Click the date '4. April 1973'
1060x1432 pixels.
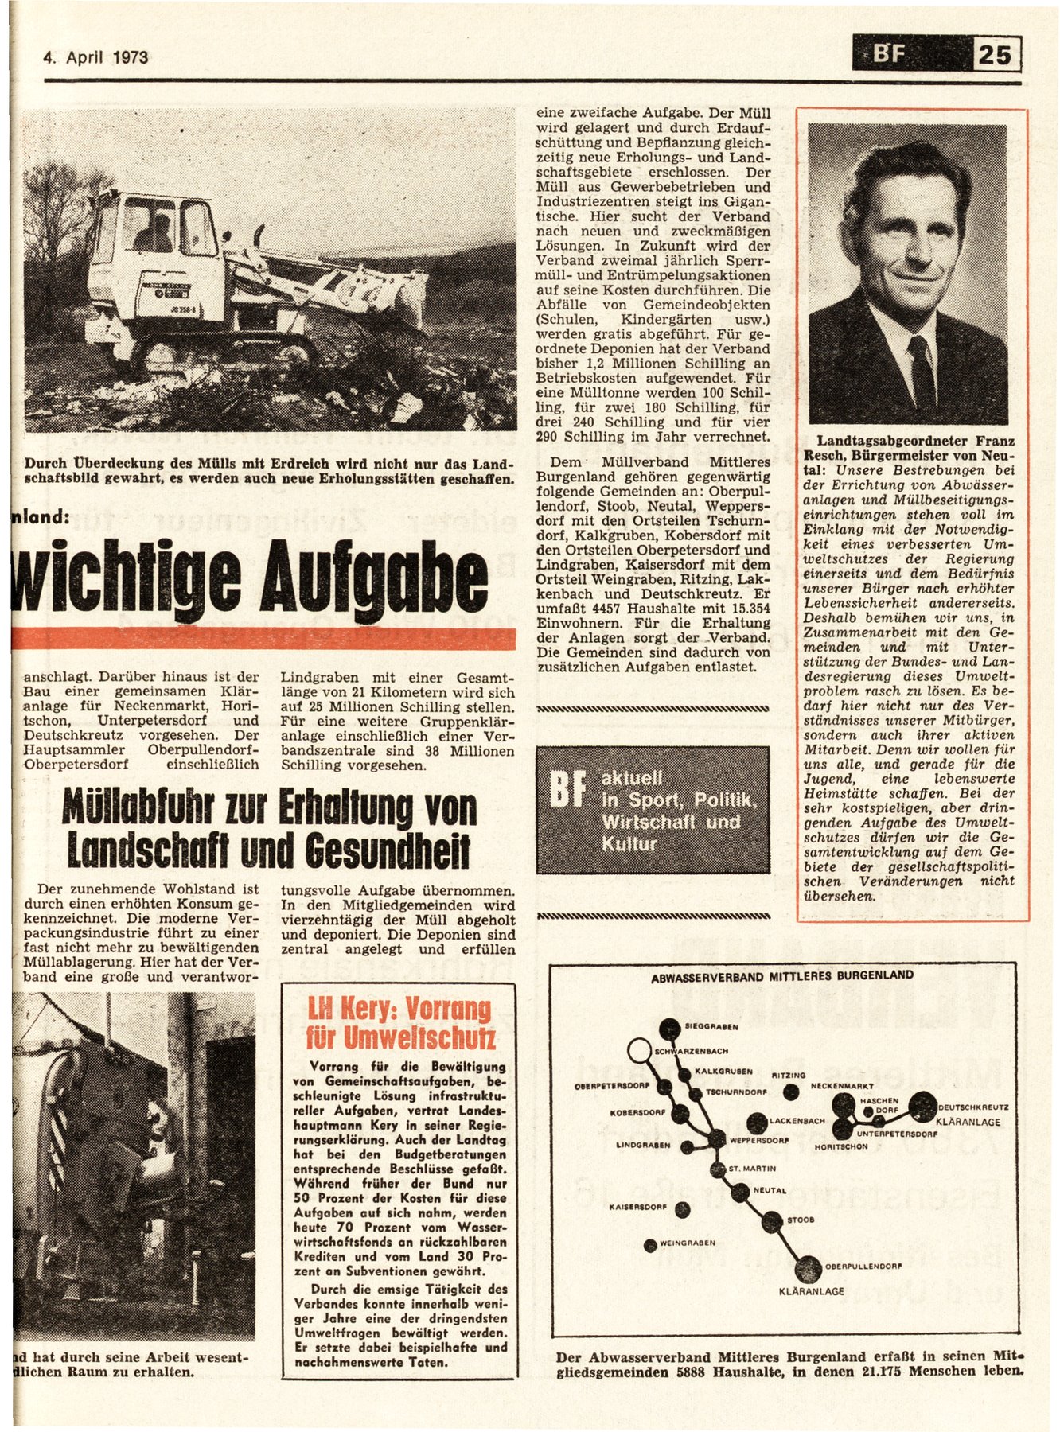[x=95, y=57]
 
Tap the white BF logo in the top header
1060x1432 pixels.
[x=889, y=56]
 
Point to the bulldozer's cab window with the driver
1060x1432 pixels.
[x=150, y=227]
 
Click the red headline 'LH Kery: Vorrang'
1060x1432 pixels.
[x=399, y=1010]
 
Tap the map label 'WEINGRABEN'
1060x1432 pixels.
[x=688, y=1243]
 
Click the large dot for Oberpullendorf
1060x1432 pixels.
[x=808, y=1267]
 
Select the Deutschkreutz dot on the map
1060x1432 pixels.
[x=923, y=1106]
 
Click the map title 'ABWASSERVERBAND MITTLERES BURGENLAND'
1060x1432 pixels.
[x=781, y=975]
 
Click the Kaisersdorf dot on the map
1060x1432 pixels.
[x=682, y=1209]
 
